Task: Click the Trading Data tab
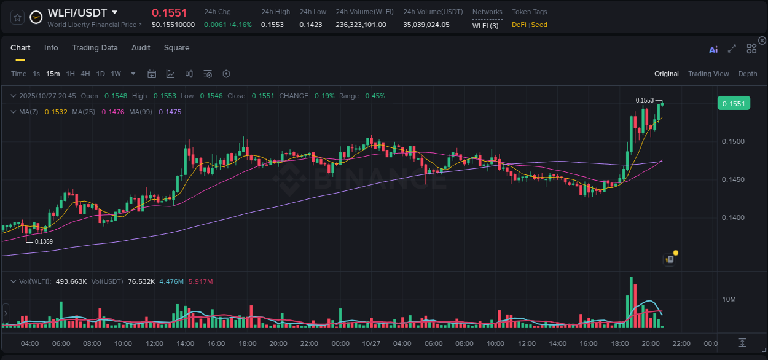tap(95, 48)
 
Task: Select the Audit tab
tap(141, 48)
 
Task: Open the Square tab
tap(176, 48)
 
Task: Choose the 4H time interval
tap(85, 74)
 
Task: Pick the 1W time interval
tap(116, 74)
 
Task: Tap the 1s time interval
tap(36, 74)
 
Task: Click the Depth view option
tap(747, 74)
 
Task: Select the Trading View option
tap(708, 74)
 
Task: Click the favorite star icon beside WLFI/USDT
tap(17, 17)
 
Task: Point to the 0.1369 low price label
tap(44, 241)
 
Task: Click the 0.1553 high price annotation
tap(645, 100)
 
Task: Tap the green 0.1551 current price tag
tap(734, 104)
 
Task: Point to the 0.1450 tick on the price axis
tap(732, 179)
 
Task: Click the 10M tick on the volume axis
tap(729, 299)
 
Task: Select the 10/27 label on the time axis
tap(370, 343)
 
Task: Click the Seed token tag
tap(539, 25)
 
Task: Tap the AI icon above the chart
tap(713, 50)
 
